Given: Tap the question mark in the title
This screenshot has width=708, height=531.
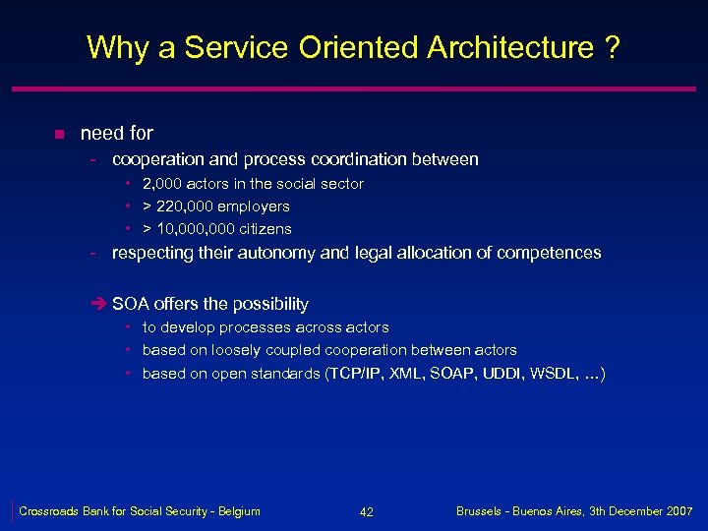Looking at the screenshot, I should [x=613, y=47].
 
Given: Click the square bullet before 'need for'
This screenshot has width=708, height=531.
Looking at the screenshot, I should [x=59, y=134].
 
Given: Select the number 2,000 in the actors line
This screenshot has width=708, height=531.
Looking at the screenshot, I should [x=162, y=184].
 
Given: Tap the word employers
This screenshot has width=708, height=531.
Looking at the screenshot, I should [x=256, y=206].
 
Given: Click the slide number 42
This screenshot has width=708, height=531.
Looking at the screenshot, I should [x=367, y=512].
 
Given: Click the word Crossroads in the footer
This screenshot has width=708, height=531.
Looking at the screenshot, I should [x=49, y=511].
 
